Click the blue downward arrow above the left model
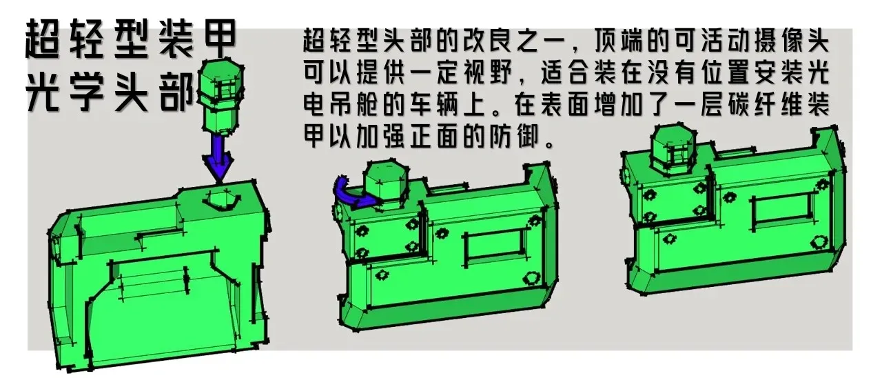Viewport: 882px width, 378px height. coord(218,158)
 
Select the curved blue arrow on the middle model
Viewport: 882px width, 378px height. coord(349,194)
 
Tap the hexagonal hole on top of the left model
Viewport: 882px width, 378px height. coord(221,199)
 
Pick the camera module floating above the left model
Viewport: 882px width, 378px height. coord(220,94)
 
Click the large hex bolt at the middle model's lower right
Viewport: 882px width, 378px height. coord(530,278)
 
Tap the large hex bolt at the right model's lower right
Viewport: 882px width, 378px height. coord(818,241)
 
